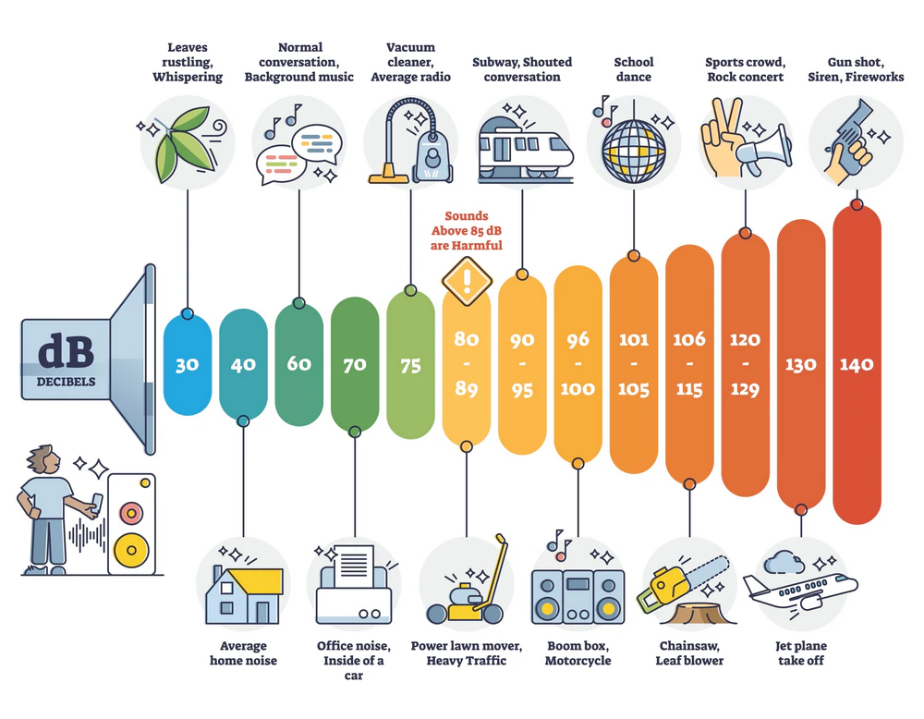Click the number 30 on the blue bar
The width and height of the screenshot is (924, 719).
pyautogui.click(x=188, y=364)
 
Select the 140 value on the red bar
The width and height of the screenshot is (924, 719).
pyautogui.click(x=857, y=364)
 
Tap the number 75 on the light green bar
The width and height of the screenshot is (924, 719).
pyautogui.click(x=410, y=364)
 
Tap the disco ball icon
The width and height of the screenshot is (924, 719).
pyautogui.click(x=633, y=143)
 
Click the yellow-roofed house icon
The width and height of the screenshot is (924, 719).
pyautogui.click(x=243, y=591)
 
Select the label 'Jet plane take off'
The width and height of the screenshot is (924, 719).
pyautogui.click(x=800, y=652)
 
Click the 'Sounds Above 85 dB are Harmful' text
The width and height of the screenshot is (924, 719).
pyautogui.click(x=467, y=230)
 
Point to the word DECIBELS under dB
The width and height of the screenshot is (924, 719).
pyautogui.click(x=65, y=380)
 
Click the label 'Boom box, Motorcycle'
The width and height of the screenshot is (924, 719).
pyautogui.click(x=577, y=652)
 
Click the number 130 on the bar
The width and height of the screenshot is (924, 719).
pyautogui.click(x=800, y=364)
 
